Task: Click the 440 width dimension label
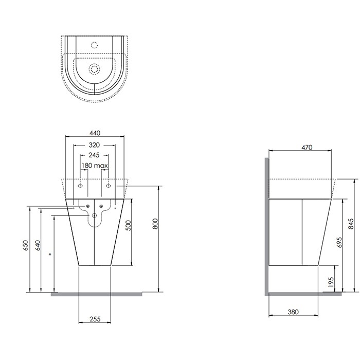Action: (x=95, y=133)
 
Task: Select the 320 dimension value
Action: (x=95, y=145)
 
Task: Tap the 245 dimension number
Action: (x=95, y=155)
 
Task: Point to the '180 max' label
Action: (x=95, y=166)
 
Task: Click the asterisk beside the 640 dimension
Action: (x=50, y=254)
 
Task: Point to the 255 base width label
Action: (x=94, y=319)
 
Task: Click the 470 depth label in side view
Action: (x=307, y=147)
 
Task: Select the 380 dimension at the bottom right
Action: (x=293, y=312)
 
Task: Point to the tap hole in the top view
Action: (x=94, y=44)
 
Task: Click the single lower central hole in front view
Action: (x=95, y=215)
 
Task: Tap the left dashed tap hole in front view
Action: (x=80, y=185)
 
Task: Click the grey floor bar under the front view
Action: (x=96, y=295)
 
